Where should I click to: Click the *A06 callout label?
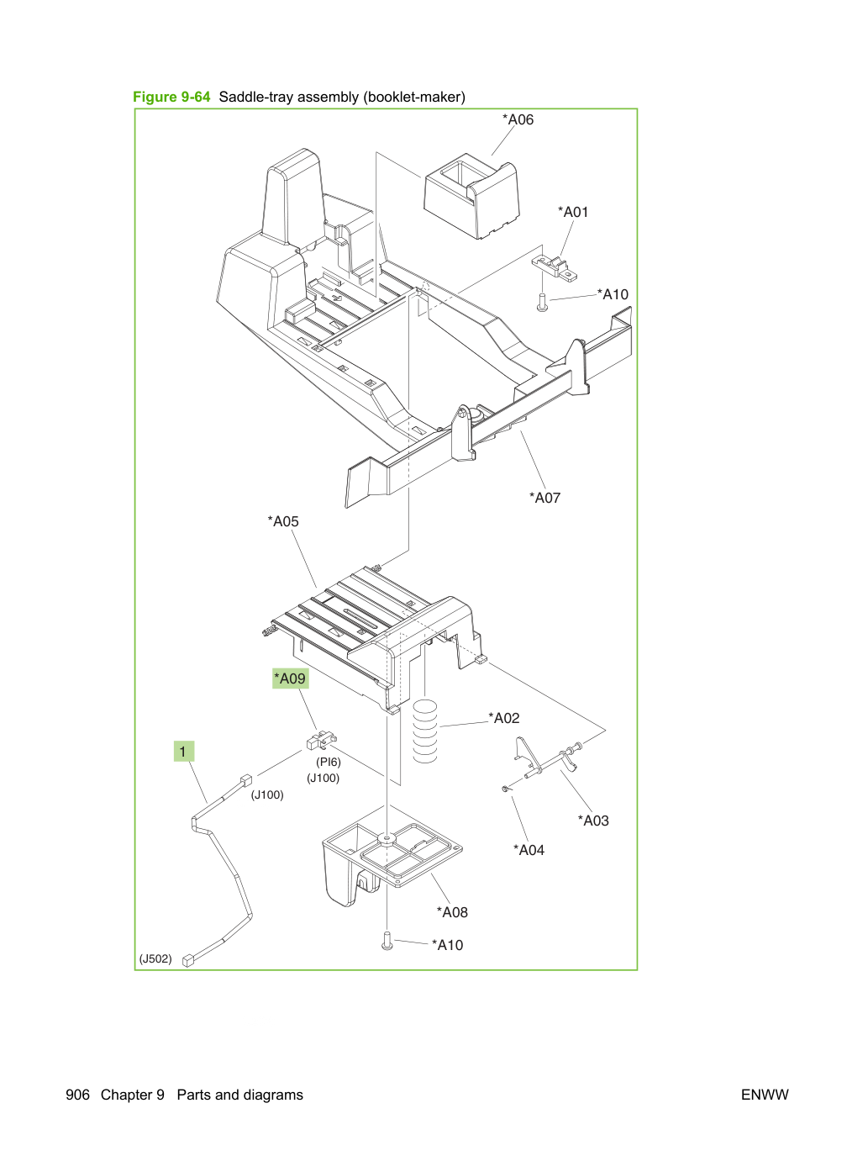pos(518,119)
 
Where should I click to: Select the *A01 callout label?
pos(573,212)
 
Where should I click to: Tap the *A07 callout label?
pos(544,498)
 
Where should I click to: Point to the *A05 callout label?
pos(282,521)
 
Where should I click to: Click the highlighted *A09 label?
pos(290,678)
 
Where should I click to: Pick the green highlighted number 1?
pos(184,752)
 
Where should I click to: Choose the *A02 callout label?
pos(504,718)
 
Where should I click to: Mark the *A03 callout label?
pos(593,821)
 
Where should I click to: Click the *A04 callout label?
pos(529,850)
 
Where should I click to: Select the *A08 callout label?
pos(451,912)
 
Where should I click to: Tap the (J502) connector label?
pos(155,958)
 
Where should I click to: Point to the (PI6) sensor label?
pos(329,762)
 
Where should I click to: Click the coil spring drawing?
pos(425,731)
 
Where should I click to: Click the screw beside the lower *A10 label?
pos(387,941)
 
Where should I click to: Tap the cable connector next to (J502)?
pos(188,961)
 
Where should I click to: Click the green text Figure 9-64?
pos(171,97)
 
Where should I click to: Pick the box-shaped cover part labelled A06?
pos(471,197)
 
